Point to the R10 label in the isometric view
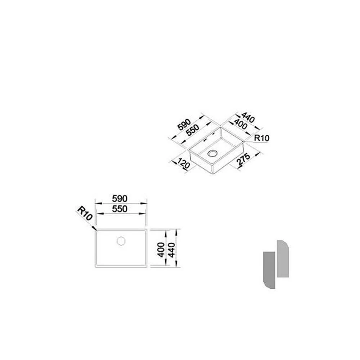[x=262, y=138]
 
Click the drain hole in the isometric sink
[x=212, y=153]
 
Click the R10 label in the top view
[x=85, y=215]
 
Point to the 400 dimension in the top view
[x=161, y=249]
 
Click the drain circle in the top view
[x=121, y=240]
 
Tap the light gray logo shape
[x=283, y=258]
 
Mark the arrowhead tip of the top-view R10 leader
[x=95, y=229]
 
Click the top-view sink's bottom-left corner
[x=95, y=267]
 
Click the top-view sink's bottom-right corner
[x=147, y=267]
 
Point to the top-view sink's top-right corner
[x=147, y=229]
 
